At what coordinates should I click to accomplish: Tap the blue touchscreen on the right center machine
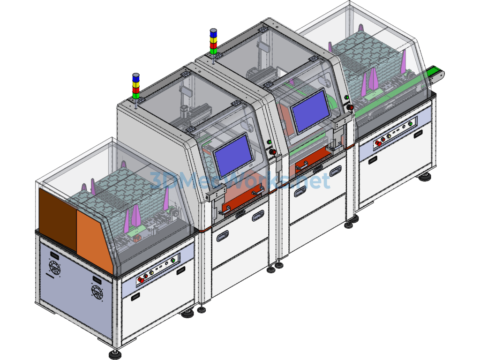coord(310,111)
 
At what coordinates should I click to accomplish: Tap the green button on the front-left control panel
coord(172,260)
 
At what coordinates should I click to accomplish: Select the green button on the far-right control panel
coord(410,124)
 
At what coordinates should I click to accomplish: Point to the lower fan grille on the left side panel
coord(97,293)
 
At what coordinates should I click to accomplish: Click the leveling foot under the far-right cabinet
coord(425,177)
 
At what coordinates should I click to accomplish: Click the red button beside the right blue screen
coord(350,107)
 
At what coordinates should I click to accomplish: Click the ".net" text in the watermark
coord(312,181)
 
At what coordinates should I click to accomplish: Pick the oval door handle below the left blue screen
coord(258,216)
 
